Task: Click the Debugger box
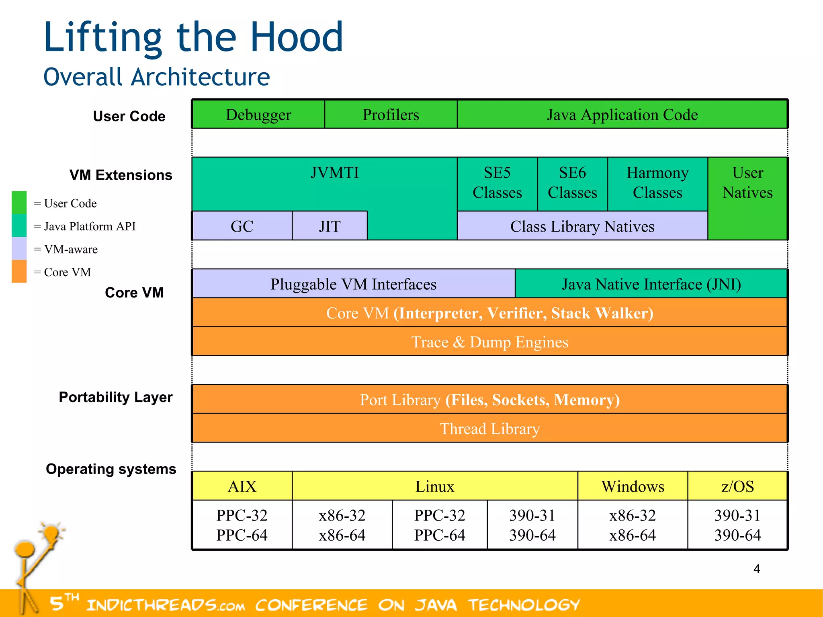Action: click(x=258, y=115)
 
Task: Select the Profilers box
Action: click(x=391, y=115)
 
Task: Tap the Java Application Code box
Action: click(x=622, y=115)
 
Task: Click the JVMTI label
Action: click(x=334, y=173)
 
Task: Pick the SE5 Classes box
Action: click(x=497, y=183)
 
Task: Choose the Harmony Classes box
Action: click(x=657, y=183)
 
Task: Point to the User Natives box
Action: click(x=747, y=183)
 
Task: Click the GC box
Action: click(x=242, y=226)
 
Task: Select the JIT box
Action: click(x=330, y=226)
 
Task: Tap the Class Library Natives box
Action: click(x=582, y=226)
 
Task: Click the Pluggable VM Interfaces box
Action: click(x=353, y=284)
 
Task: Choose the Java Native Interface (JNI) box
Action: click(x=651, y=284)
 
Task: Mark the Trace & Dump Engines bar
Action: click(x=489, y=342)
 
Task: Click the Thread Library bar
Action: click(x=489, y=429)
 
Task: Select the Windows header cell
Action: click(x=633, y=486)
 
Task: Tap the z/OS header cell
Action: click(x=737, y=486)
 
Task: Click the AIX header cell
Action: click(x=242, y=486)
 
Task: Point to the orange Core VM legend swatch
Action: click(x=19, y=271)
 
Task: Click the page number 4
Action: click(x=757, y=569)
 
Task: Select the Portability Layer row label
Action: click(x=115, y=397)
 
